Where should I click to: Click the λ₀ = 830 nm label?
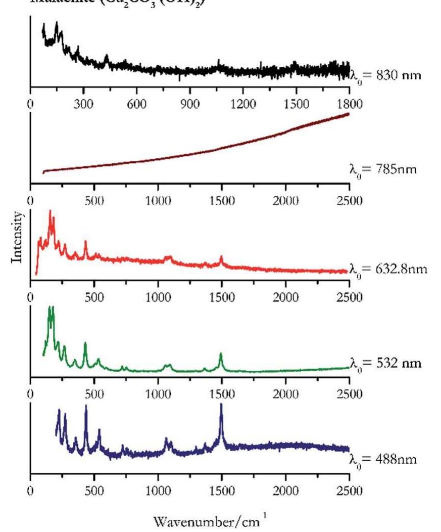[x=385, y=76]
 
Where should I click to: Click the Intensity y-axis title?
[x=17, y=237]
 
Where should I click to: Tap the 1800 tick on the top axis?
[x=349, y=105]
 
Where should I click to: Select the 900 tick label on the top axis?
[x=190, y=105]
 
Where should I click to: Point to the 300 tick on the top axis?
[x=84, y=105]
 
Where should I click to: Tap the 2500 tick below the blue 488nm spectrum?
[x=349, y=491]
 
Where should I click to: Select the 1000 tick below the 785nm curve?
[x=158, y=201]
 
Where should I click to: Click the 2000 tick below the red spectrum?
[x=285, y=296]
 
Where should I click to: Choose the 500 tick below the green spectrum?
[x=94, y=394]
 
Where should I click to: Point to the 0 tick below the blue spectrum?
[x=31, y=491]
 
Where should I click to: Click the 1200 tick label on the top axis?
[x=243, y=105]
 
